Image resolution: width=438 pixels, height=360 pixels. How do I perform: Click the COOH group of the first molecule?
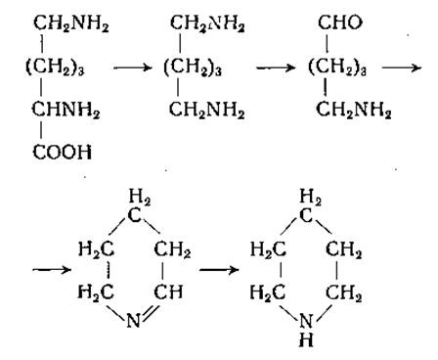pyautogui.click(x=63, y=152)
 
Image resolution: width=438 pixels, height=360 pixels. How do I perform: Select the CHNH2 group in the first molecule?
pyautogui.click(x=66, y=110)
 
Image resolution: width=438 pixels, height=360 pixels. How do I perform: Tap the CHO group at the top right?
pyautogui.click(x=340, y=22)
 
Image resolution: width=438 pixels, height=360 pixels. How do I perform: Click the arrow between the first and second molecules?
pyautogui.click(x=133, y=67)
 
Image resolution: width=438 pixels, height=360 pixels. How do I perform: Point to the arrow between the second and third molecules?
pyautogui.click(x=276, y=67)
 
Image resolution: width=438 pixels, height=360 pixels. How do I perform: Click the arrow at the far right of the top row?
pyautogui.click(x=402, y=67)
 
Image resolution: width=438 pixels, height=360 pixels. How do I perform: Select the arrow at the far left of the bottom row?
pyautogui.click(x=52, y=270)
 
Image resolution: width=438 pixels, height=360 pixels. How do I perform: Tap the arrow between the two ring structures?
pyautogui.click(x=219, y=270)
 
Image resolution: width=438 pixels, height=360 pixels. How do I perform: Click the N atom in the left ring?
pyautogui.click(x=133, y=321)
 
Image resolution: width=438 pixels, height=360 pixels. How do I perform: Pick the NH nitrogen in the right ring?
pyautogui.click(x=306, y=321)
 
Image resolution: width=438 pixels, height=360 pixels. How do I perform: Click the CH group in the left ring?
pyautogui.click(x=168, y=292)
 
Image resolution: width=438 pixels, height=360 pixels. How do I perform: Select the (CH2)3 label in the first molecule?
pyautogui.click(x=55, y=67)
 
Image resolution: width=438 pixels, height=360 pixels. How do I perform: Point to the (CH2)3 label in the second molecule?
pyautogui.click(x=193, y=68)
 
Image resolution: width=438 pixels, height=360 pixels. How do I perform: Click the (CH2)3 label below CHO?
pyautogui.click(x=337, y=67)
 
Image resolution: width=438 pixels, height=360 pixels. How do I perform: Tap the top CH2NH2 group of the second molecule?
pyautogui.click(x=207, y=23)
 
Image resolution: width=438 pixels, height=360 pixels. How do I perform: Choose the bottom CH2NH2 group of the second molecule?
pyautogui.click(x=206, y=111)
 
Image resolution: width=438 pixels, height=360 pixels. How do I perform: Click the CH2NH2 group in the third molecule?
pyautogui.click(x=353, y=110)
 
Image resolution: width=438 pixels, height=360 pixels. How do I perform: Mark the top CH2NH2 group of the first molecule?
pyautogui.click(x=71, y=23)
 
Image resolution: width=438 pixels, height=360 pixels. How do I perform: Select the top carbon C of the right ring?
pyautogui.click(x=306, y=215)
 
